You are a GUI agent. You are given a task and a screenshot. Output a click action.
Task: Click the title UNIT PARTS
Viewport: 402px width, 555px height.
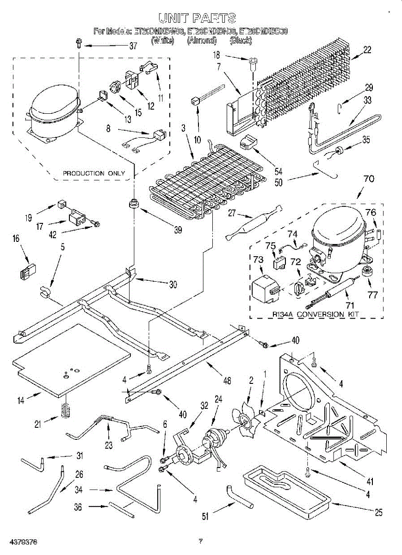pos(198,18)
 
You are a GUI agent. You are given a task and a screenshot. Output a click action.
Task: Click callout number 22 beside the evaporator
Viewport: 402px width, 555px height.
pos(367,50)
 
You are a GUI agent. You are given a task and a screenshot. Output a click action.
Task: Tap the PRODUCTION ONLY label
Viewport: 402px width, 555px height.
pos(94,173)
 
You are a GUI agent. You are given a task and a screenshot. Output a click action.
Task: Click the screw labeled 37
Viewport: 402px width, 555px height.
pos(79,45)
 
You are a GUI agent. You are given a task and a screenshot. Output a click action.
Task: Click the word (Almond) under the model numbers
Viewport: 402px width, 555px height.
pos(202,41)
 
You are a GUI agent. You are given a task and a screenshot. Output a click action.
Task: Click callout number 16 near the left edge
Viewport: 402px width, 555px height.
pos(16,239)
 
